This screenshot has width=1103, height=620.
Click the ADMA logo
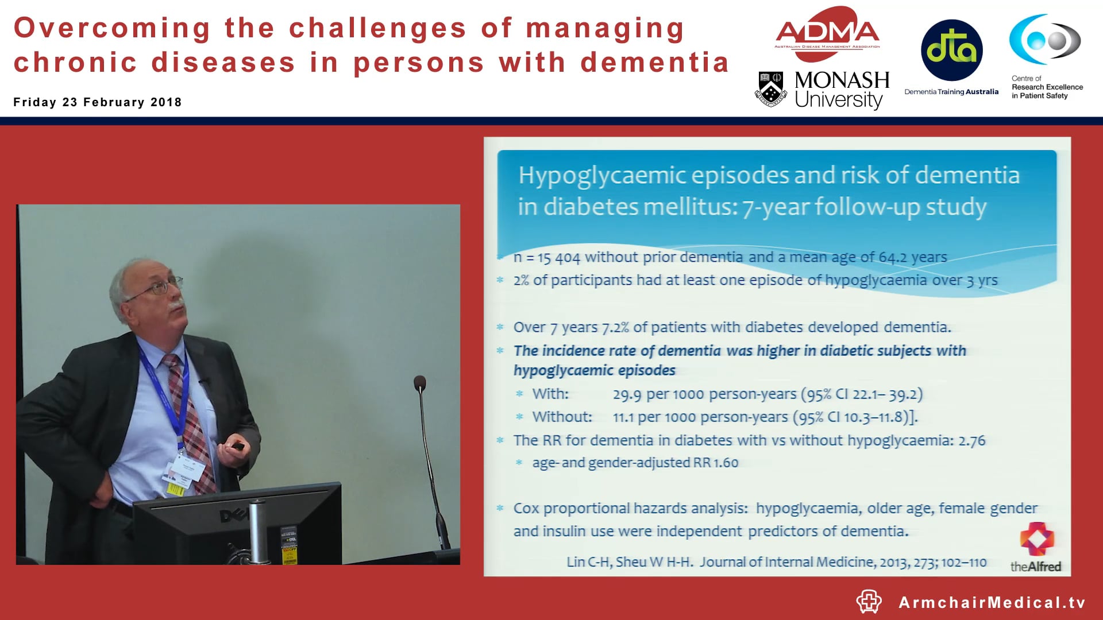pos(827,33)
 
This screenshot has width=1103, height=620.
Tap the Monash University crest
pos(770,89)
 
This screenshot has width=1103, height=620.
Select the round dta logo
pos(951,50)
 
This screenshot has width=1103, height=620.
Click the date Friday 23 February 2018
pos(98,102)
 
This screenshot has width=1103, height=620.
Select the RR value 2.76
pos(971,441)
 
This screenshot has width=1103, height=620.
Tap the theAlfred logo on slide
pos(1036,548)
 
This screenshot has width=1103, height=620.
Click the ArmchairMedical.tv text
pos(992,602)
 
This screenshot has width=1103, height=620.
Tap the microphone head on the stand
pos(420,383)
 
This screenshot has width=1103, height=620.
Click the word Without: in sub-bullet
pos(562,417)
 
